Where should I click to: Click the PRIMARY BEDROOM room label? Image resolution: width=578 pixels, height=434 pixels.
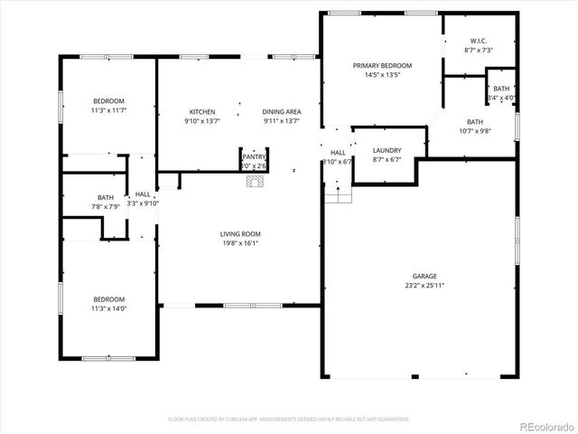(x=382, y=66)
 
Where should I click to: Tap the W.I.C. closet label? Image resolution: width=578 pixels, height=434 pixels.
(x=478, y=41)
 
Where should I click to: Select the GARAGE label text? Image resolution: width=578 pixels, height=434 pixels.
(x=425, y=276)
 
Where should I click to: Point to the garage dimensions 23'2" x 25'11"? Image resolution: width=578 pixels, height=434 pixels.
(x=425, y=285)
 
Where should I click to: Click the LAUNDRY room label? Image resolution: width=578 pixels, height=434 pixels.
(x=387, y=150)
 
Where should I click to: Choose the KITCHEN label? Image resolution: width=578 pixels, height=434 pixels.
(x=201, y=111)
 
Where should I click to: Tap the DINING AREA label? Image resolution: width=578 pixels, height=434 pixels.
(x=282, y=111)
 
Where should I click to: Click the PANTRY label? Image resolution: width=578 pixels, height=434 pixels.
(x=254, y=157)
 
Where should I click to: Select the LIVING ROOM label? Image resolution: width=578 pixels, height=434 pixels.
(x=240, y=234)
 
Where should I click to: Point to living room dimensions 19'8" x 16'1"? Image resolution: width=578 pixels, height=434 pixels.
(x=240, y=242)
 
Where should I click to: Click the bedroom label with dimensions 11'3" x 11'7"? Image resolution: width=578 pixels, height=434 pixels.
(x=108, y=100)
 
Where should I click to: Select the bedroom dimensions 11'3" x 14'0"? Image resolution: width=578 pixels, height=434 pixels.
(x=108, y=308)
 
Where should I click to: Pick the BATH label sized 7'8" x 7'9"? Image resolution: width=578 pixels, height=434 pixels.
(x=106, y=198)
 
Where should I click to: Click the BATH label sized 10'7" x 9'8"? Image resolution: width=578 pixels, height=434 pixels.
(x=475, y=121)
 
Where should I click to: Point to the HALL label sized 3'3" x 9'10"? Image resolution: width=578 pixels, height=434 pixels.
(x=143, y=194)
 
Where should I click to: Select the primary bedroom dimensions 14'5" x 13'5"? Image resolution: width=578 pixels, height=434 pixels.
(x=382, y=75)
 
